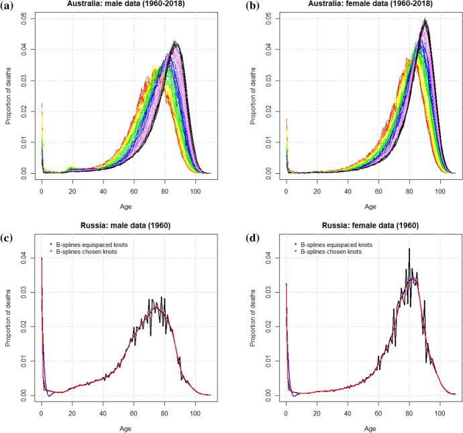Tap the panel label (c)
click(8, 227)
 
